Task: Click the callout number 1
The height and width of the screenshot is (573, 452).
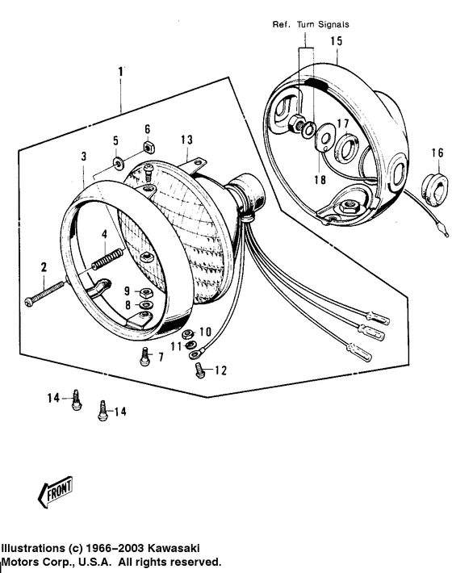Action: pos(121,71)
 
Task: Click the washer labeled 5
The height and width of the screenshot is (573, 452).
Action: pos(119,165)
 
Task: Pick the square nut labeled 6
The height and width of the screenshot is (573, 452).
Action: pos(147,146)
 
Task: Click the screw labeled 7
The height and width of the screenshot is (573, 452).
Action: pos(144,355)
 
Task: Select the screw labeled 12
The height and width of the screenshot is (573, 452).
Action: pos(199,370)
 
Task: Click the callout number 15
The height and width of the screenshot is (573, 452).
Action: pos(336,40)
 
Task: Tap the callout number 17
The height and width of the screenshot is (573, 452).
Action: pos(342,124)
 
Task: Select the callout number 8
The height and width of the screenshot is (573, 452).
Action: pos(127,304)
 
